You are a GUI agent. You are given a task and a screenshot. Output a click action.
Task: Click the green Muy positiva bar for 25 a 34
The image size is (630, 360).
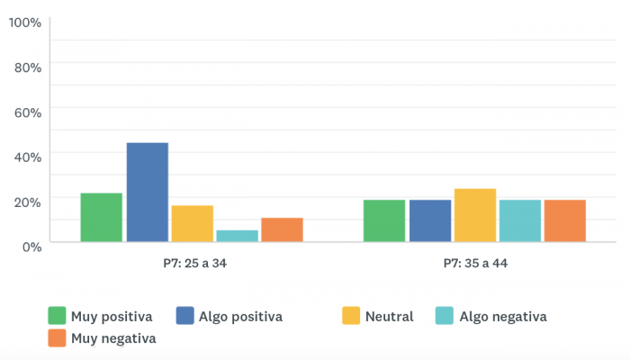tap(101, 218)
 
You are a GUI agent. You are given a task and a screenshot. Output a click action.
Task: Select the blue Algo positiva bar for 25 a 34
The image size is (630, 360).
tap(147, 193)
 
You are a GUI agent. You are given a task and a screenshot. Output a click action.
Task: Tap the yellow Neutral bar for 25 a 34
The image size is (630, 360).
tap(192, 224)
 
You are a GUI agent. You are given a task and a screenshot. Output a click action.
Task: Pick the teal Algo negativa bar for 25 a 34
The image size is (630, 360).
tap(237, 236)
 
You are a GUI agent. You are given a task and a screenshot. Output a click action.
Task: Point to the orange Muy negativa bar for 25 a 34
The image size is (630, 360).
tap(282, 230)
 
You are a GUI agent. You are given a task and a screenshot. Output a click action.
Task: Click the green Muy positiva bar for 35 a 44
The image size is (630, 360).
tap(384, 220)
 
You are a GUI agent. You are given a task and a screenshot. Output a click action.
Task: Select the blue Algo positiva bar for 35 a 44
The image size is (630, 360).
tap(430, 220)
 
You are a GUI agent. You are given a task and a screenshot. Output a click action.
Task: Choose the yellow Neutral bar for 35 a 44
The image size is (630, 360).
tap(475, 215)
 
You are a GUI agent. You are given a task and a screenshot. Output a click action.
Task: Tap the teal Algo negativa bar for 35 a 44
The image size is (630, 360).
tap(520, 220)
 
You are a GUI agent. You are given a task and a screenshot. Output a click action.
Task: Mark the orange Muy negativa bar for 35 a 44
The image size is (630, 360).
tap(565, 220)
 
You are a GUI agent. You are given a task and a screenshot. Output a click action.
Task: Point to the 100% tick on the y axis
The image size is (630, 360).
tap(25, 22)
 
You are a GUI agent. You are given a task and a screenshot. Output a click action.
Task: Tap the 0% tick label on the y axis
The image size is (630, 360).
tap(31, 246)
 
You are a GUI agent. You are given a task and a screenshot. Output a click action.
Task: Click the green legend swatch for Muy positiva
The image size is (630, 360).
tap(57, 316)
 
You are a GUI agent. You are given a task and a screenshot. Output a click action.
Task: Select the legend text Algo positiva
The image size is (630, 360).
tap(241, 317)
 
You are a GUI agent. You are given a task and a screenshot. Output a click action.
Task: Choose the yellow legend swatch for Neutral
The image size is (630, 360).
tap(352, 316)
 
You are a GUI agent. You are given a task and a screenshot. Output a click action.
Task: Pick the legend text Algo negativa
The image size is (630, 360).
tap(502, 317)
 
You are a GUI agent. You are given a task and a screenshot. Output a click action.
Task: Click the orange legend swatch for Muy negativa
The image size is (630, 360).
tap(57, 338)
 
